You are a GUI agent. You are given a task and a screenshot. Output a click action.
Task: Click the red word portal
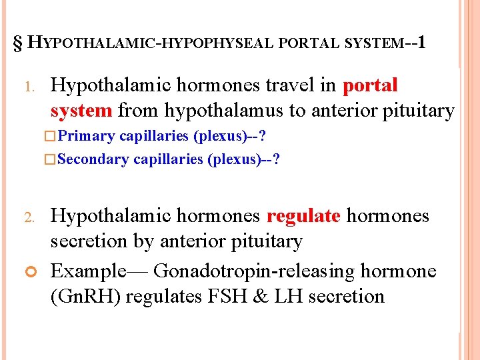(x=370, y=85)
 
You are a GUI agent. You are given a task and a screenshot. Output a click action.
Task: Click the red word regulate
(x=303, y=216)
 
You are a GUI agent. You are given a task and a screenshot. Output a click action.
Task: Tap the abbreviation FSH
(x=241, y=295)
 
